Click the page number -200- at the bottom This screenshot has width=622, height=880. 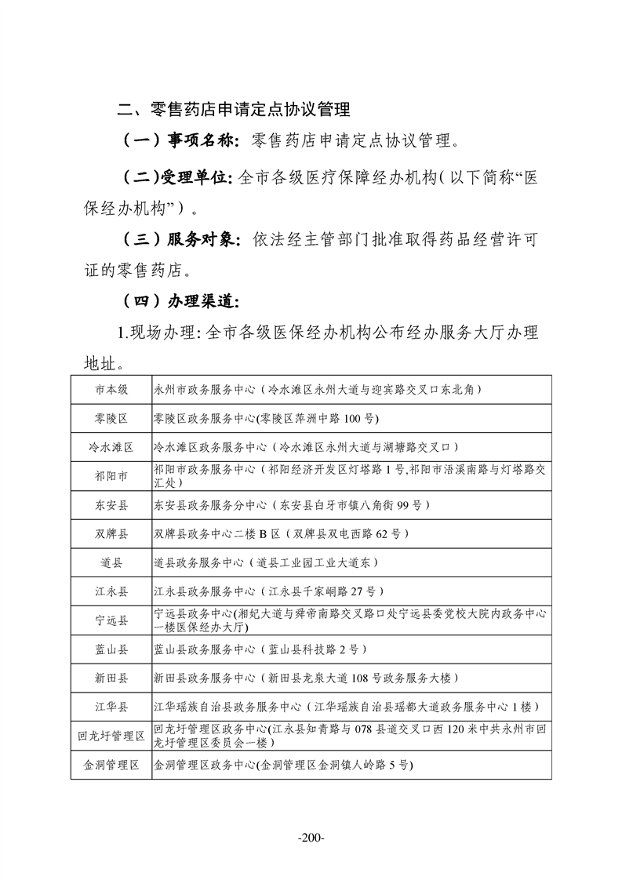coord(311,838)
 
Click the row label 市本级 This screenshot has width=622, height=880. coord(111,389)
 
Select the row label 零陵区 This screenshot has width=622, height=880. coord(111,418)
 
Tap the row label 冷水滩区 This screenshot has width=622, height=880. coord(111,447)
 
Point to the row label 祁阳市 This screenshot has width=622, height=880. coord(111,475)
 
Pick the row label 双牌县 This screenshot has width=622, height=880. coord(111,533)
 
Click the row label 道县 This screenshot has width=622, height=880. coord(111,562)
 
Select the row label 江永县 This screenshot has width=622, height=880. coord(111,591)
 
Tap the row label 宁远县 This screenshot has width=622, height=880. coord(111,620)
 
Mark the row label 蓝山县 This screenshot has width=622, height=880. coord(111,649)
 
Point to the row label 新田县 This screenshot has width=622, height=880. coord(111,678)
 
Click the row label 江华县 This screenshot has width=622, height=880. coord(111,707)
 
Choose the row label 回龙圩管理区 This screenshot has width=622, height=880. coord(111,736)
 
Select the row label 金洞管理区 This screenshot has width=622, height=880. coord(111,765)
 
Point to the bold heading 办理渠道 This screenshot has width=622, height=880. coord(202,300)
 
